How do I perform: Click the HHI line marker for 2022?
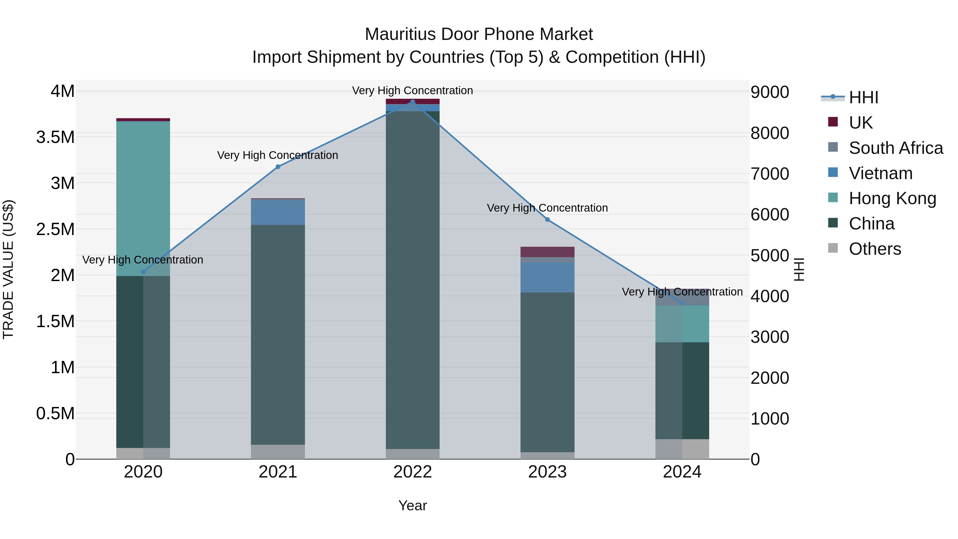pyautogui.click(x=412, y=102)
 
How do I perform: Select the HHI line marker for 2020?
pyautogui.click(x=143, y=272)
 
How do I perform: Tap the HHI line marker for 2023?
pyautogui.click(x=547, y=220)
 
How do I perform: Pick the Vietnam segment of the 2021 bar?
pyautogui.click(x=278, y=212)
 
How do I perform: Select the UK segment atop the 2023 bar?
pyautogui.click(x=547, y=252)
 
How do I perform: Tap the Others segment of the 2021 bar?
pyautogui.click(x=278, y=452)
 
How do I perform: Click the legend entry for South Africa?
pyautogui.click(x=895, y=148)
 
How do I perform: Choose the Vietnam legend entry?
pyautogui.click(x=880, y=173)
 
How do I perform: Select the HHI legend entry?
pyautogui.click(x=863, y=97)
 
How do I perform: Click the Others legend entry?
pyautogui.click(x=875, y=249)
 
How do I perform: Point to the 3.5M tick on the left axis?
pyautogui.click(x=55, y=137)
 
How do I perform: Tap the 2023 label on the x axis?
pyautogui.click(x=547, y=472)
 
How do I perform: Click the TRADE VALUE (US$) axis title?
pyautogui.click(x=9, y=269)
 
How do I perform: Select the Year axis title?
pyautogui.click(x=412, y=505)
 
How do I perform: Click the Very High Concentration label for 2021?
pyautogui.click(x=278, y=155)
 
